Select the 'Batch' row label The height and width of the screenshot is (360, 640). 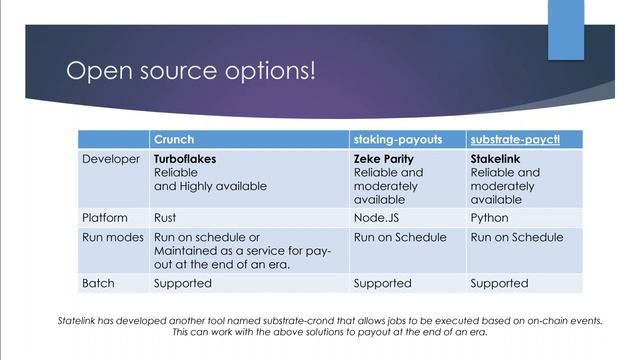[x=100, y=283]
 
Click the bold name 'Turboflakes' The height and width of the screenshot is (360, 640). [x=185, y=158]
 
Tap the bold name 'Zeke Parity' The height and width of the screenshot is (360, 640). [x=383, y=158]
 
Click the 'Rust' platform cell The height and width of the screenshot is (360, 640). [x=165, y=217]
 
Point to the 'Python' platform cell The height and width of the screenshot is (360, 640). [x=489, y=217]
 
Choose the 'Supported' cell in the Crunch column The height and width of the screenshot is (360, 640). [x=182, y=283]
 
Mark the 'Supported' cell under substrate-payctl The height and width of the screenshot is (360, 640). [x=499, y=283]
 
